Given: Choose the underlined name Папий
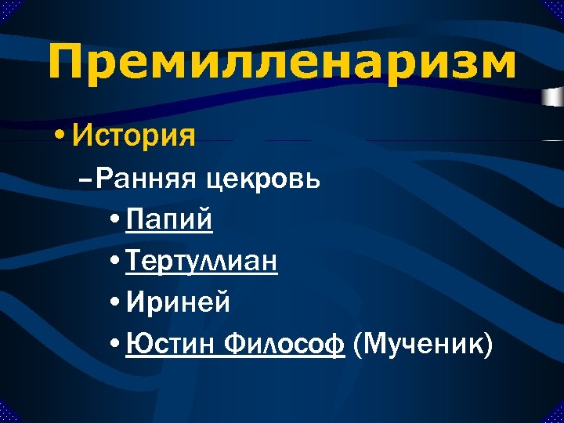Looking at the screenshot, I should click(x=168, y=220).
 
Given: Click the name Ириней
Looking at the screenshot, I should click(x=178, y=302).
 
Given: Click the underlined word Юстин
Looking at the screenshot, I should click(x=168, y=342).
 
